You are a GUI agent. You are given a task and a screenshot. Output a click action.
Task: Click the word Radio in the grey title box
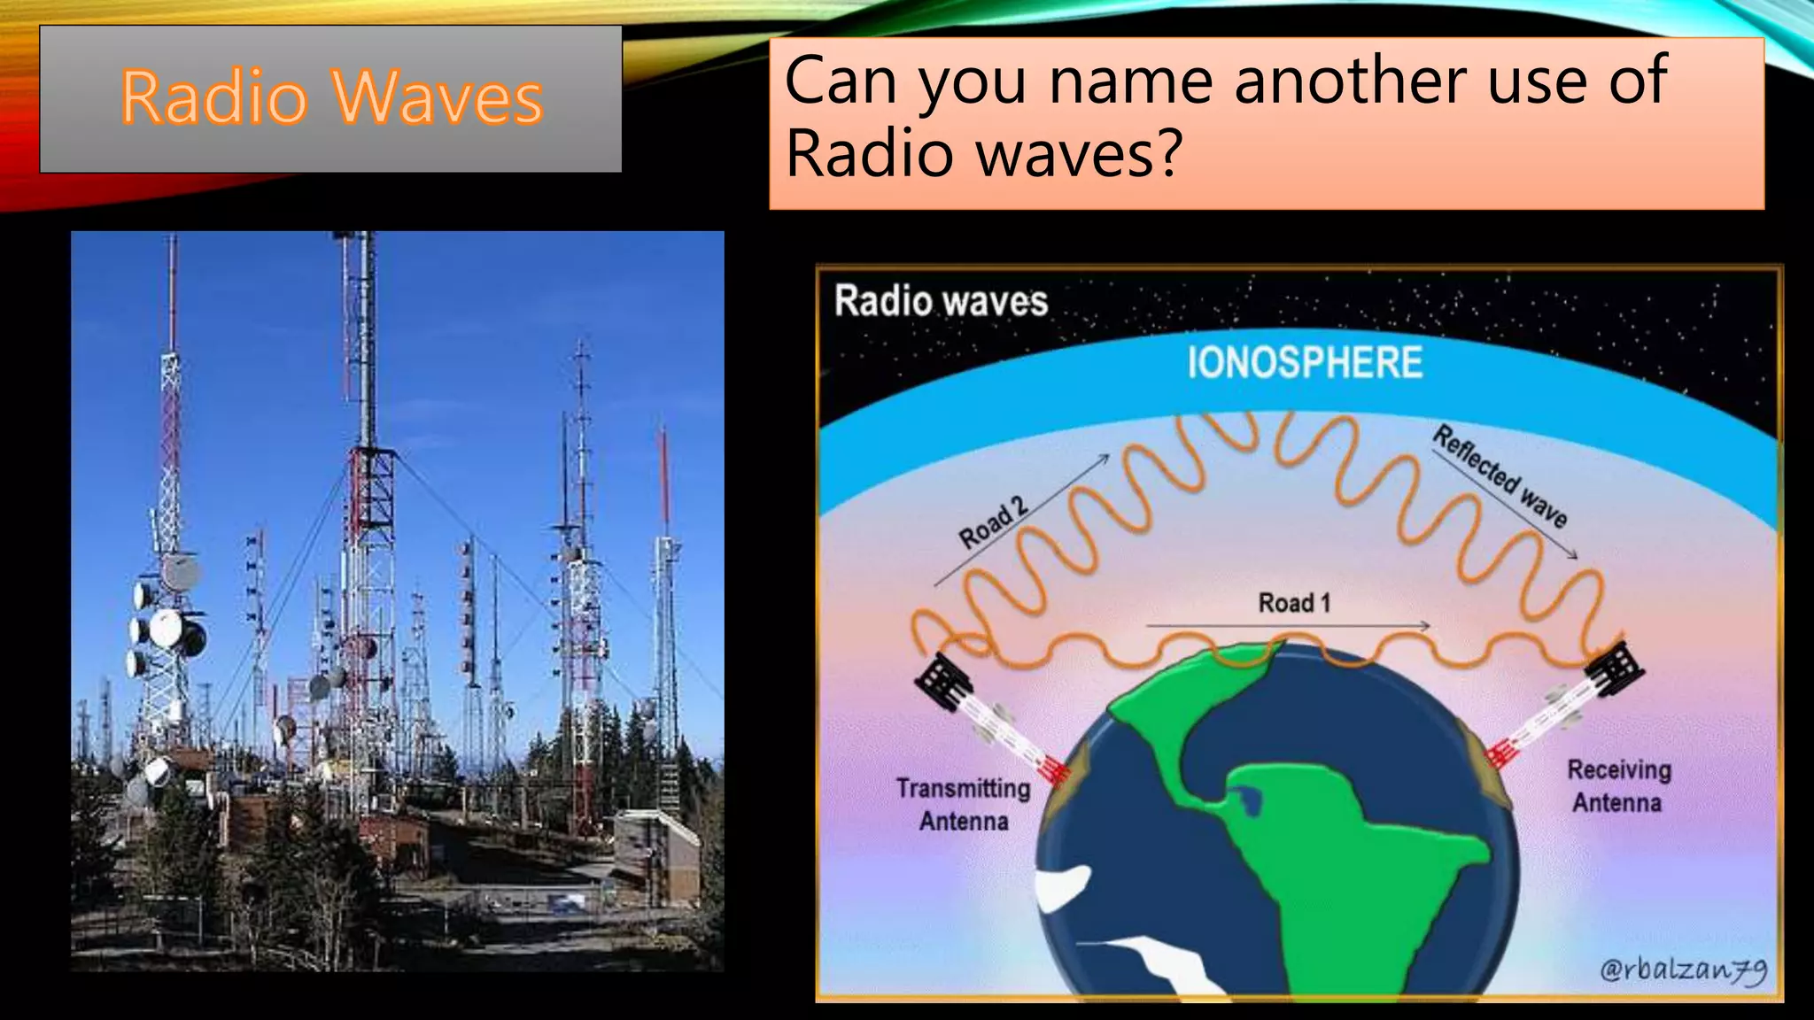[213, 97]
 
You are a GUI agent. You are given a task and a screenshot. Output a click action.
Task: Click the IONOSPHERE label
[1304, 363]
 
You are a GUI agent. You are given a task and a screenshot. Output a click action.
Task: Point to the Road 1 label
[1294, 604]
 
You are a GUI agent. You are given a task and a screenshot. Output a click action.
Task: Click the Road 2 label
[993, 522]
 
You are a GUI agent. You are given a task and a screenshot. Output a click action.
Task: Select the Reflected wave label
[1500, 476]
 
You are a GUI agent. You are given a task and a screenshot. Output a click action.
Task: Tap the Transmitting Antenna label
[964, 804]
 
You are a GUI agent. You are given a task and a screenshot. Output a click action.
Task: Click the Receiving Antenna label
[1618, 786]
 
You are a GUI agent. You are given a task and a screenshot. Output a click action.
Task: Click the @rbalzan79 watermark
[1683, 970]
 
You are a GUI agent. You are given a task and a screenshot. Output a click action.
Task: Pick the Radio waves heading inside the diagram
[941, 301]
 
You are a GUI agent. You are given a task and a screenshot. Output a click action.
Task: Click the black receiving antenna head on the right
[1615, 670]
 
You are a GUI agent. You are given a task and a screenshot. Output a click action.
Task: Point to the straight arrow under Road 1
[1289, 626]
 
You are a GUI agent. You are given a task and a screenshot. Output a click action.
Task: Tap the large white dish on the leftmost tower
[167, 628]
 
